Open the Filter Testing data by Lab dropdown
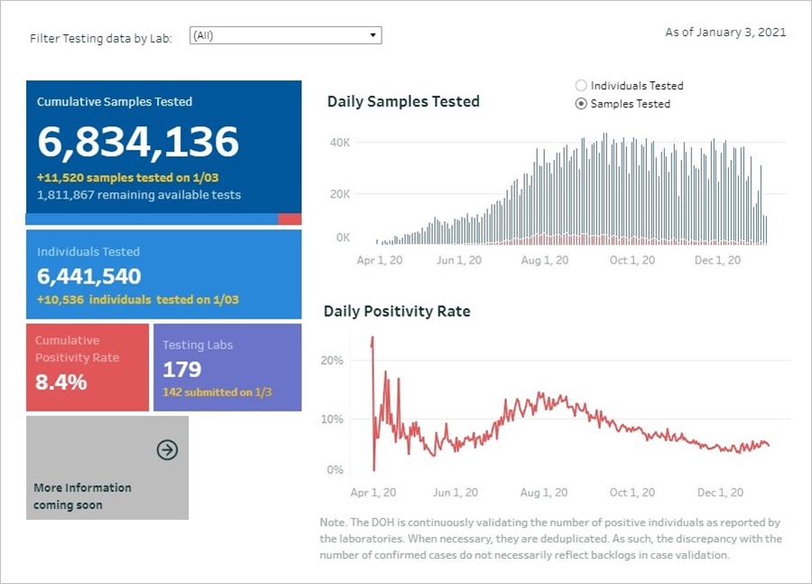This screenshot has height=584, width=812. pos(285,35)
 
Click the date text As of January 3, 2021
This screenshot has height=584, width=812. pos(725,32)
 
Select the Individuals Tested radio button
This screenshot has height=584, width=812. pos(581,86)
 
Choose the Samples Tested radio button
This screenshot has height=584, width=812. pos(581,104)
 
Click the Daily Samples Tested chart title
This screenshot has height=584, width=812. pos(403,102)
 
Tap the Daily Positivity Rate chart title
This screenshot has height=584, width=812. pos(397,311)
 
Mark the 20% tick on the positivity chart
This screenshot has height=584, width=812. pos(332,360)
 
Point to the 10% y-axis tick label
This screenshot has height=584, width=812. pos(332,420)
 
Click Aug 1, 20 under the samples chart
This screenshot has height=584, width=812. pos(544,260)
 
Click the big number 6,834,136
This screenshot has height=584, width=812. pos(138,142)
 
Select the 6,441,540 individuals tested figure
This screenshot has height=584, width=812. pos(89,276)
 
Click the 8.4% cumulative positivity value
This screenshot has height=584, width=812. pos(61,382)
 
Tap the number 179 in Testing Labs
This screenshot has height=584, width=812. pos(182,369)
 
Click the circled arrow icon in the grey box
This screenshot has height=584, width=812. pos(167,450)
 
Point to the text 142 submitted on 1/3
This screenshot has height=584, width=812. pos(217,393)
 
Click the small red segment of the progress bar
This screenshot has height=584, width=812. pos(290,219)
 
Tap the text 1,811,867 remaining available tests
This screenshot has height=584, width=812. pos(139,195)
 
